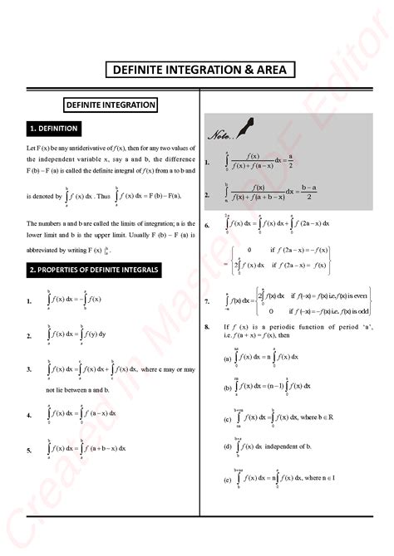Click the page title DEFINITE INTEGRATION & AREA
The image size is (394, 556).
tap(197, 71)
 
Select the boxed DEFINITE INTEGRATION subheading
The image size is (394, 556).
tap(111, 105)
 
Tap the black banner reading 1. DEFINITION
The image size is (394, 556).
tap(53, 129)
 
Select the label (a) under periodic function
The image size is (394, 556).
tap(228, 358)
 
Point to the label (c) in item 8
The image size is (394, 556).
tap(228, 418)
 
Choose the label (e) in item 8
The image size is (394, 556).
tap(228, 480)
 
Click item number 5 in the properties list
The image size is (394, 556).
tap(29, 449)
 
